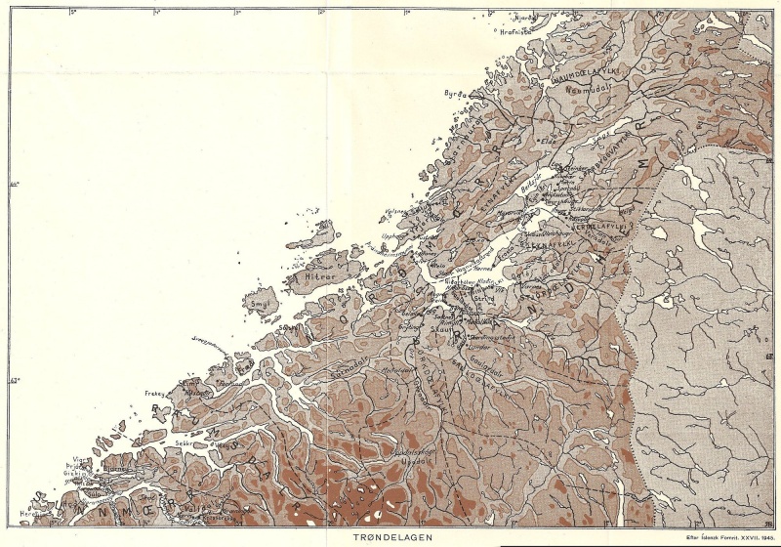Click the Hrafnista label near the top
click(514, 31)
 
